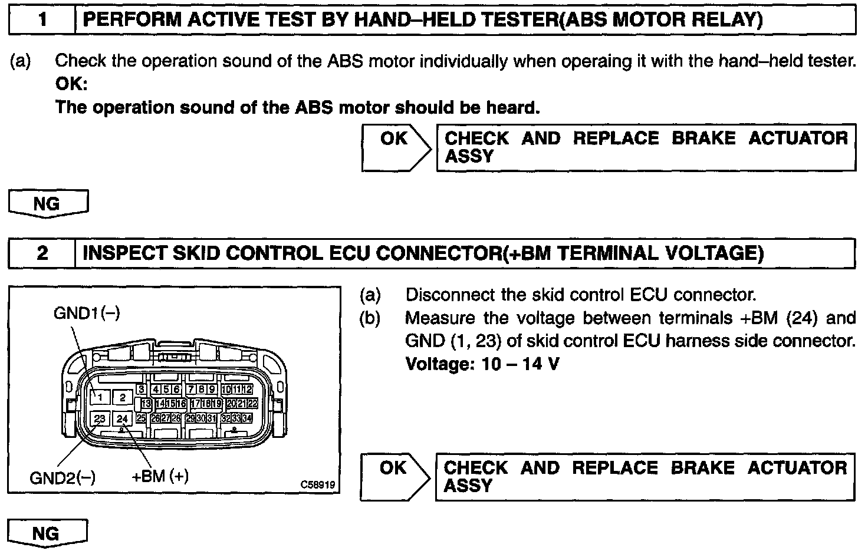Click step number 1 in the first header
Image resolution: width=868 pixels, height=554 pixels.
point(42,21)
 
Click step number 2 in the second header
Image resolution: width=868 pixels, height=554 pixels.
point(42,253)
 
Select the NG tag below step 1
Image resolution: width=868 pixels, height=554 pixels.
point(47,204)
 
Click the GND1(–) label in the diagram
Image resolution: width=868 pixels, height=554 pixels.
point(87,313)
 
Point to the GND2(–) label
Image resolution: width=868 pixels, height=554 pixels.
point(62,477)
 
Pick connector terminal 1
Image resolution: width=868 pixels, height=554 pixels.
point(100,397)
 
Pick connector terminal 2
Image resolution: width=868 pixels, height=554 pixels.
point(123,397)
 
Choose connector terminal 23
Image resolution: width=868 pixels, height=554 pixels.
point(100,419)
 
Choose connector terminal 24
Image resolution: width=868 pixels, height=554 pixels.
point(123,419)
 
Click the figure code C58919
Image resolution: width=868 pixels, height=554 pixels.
point(317,484)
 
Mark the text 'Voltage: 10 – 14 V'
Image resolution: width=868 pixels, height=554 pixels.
point(482,364)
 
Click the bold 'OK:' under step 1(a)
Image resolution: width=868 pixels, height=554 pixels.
point(71,84)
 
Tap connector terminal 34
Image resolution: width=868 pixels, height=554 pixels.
point(247,418)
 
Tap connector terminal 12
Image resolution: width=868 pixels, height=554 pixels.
point(248,389)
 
